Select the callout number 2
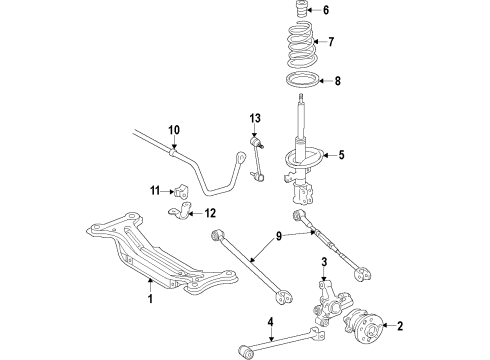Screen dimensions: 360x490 [x=372, y=325]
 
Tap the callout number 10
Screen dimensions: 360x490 [x=173, y=130]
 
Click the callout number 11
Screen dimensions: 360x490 [x=155, y=190]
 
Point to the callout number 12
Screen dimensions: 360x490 [x=210, y=212]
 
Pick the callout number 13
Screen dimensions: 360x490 [x=254, y=118]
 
